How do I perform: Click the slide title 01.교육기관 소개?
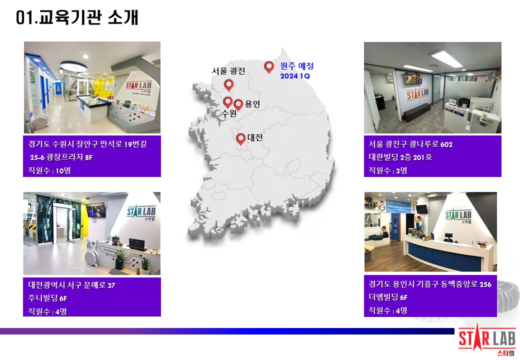point(77,17)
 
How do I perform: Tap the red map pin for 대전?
point(241,139)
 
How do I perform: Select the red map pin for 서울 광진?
point(229,85)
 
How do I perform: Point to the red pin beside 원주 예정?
point(269,67)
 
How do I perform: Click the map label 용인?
point(252,104)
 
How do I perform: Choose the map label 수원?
point(229,113)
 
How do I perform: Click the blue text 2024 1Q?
point(295,76)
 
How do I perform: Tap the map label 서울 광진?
point(228,71)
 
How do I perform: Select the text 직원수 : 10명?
point(49,170)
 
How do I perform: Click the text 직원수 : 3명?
point(388,170)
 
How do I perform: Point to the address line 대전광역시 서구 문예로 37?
point(71,285)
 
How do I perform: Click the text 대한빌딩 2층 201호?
point(400,157)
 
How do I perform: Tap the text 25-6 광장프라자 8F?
point(61,157)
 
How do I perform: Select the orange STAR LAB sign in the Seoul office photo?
point(418,94)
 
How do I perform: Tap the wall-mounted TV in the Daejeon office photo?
point(95,210)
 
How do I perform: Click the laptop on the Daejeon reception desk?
point(137,245)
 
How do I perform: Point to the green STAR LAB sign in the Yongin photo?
point(458,216)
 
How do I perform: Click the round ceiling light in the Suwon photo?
point(73,66)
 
